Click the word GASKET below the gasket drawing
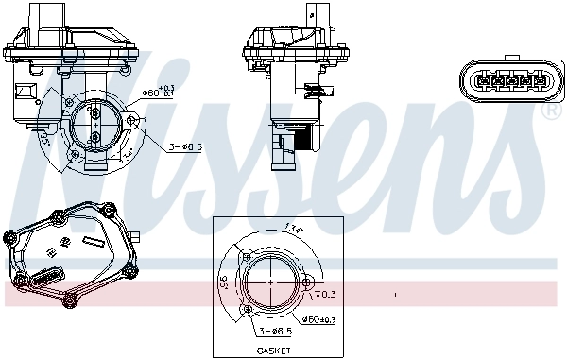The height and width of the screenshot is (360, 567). click(272, 351)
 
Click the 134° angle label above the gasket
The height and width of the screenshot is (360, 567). click(293, 228)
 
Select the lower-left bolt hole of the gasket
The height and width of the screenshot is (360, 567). click(248, 307)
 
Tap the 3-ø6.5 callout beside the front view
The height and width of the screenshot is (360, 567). click(185, 147)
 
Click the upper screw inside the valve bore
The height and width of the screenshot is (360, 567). click(96, 112)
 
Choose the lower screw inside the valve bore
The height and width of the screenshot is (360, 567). click(96, 136)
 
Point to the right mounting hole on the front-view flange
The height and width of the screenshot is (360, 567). click(133, 121)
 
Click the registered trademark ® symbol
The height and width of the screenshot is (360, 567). click(552, 111)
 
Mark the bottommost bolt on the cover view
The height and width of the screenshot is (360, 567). click(69, 302)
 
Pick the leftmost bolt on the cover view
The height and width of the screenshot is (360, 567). click(9, 232)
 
